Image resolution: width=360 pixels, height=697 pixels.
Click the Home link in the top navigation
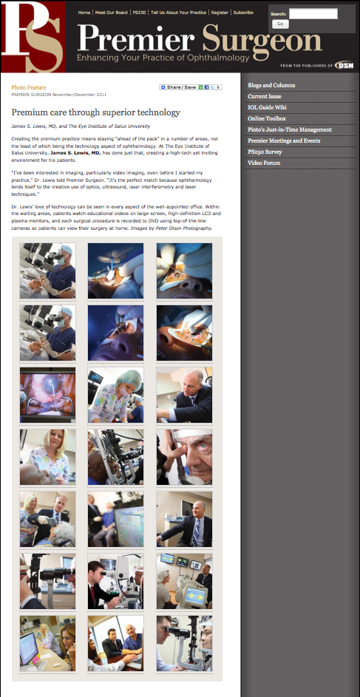tap(84, 13)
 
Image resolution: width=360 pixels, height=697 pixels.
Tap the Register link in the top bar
tap(220, 13)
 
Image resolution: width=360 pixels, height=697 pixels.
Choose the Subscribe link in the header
tap(243, 13)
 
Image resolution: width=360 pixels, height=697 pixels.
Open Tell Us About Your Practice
tap(178, 13)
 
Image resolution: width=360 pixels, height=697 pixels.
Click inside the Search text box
tap(313, 13)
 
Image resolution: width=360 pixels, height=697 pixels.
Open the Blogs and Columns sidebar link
tap(271, 85)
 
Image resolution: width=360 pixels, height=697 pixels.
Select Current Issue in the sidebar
tap(268, 96)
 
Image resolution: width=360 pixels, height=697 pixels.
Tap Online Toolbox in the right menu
tap(267, 118)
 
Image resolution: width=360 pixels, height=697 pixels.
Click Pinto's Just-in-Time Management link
tap(290, 129)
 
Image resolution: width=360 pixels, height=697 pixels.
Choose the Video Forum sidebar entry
tap(265, 163)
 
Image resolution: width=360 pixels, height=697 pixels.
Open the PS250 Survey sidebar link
tap(265, 152)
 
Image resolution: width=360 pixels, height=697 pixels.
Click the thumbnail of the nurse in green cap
tap(115, 395)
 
